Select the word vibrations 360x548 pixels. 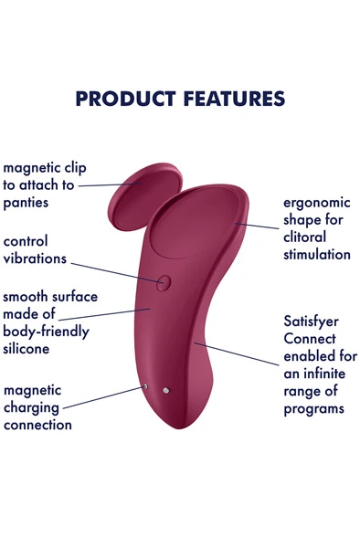pos(35,258)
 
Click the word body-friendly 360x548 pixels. pos(46,332)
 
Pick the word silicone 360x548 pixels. pos(26,349)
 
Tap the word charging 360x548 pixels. pos(31,407)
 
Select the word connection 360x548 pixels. pos(37,425)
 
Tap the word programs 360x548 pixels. pos(313,408)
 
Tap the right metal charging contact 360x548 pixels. pos(165,391)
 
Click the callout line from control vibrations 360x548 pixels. pos(114,272)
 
